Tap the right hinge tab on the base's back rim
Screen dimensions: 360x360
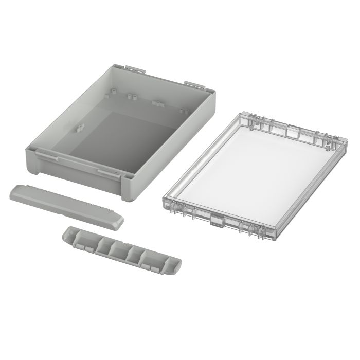coord(196,83)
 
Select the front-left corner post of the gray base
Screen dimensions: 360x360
coord(32,162)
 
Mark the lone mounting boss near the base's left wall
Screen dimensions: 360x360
coord(80,127)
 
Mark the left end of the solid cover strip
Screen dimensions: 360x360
coord(14,193)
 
